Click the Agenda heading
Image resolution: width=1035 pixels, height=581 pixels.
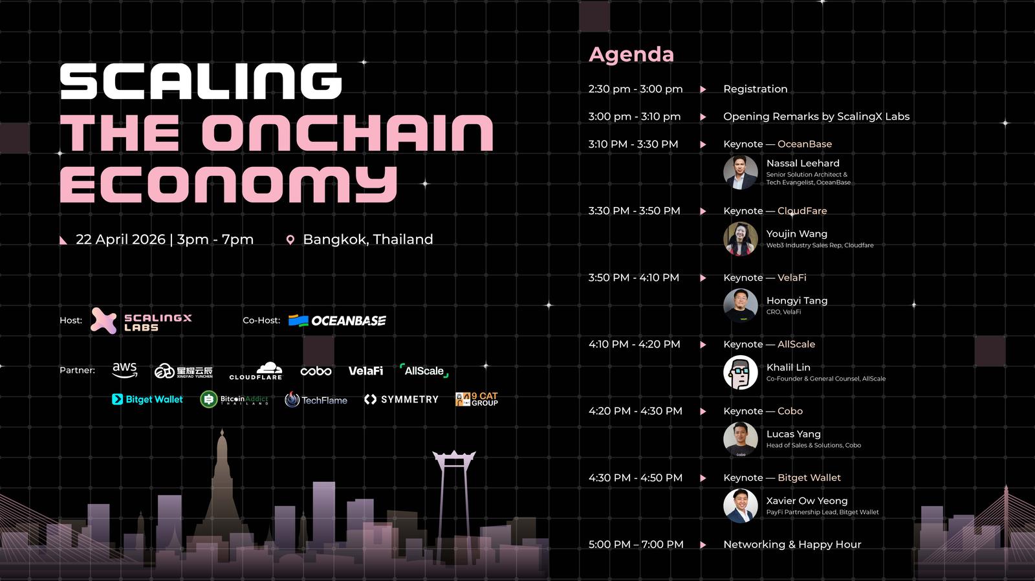(631, 55)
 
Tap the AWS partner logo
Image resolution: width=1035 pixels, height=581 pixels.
(125, 370)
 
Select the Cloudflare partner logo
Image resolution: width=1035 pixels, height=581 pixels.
(256, 371)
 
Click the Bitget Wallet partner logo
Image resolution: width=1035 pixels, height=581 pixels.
(147, 399)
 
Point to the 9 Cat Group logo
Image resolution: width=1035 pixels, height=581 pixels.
(476, 399)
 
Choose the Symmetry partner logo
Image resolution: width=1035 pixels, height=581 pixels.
(401, 399)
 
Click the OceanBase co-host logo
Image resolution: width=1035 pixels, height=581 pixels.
(337, 321)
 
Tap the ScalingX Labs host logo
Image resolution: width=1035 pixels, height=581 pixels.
(142, 321)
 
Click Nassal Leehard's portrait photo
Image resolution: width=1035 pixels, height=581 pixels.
(740, 172)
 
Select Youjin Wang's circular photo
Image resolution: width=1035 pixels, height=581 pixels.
(740, 239)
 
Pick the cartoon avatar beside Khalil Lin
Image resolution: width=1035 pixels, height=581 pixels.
(740, 373)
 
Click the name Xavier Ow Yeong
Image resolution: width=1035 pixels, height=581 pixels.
(807, 501)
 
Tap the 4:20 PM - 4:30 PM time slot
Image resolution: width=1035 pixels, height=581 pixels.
(635, 411)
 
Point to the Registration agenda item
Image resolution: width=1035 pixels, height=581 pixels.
(756, 89)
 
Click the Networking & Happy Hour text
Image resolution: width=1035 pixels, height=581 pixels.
(792, 545)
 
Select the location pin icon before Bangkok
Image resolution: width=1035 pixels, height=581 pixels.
(290, 240)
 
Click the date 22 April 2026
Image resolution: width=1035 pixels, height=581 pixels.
(120, 239)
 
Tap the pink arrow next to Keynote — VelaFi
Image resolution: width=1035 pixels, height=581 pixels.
(703, 278)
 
